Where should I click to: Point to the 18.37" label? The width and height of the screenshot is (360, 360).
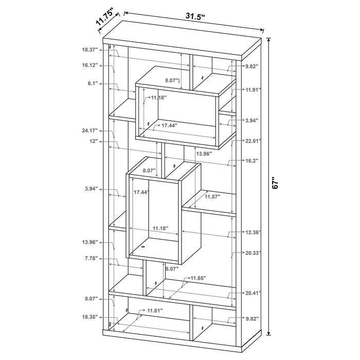(89, 50)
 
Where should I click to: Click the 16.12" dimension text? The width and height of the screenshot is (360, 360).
(89, 65)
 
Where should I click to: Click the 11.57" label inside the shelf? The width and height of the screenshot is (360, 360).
(213, 196)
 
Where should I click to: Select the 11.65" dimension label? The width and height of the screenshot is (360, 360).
(198, 278)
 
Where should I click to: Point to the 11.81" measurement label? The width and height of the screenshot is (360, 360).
(155, 311)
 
